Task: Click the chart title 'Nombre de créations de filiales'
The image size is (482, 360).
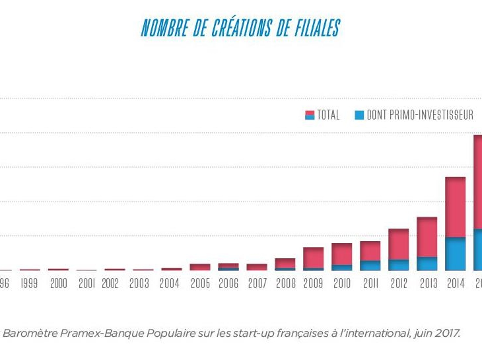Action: pos(240,29)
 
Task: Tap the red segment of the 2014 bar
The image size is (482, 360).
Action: pos(456,207)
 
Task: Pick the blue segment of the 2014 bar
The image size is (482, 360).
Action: pos(456,254)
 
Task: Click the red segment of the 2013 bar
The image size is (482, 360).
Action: pos(427,236)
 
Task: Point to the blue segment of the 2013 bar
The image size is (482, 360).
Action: pos(427,264)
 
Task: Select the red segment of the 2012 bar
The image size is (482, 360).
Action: pos(399,244)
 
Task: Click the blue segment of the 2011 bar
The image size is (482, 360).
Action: pos(370,266)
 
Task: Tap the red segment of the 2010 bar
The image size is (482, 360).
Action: pos(342,254)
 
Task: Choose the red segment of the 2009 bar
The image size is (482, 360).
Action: pos(314,258)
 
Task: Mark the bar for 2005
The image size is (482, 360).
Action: pos(200,267)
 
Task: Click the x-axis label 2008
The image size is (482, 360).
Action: pos(285,285)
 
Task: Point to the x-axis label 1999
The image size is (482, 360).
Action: pos(28,285)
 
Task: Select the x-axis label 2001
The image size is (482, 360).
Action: pos(86,285)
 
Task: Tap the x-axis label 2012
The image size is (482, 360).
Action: pos(399,285)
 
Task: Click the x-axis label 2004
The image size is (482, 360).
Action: pos(170,285)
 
